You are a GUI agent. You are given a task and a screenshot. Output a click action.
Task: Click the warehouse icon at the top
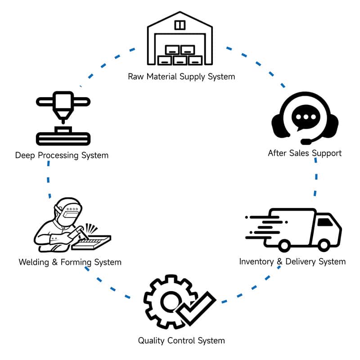[x=180, y=39]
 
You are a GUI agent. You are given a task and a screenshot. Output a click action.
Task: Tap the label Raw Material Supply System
[x=181, y=76]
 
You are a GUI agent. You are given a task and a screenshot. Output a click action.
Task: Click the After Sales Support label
[x=305, y=153]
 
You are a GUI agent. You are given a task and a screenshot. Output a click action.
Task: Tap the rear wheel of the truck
[x=284, y=245]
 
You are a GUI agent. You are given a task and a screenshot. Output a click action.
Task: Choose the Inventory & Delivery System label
[x=292, y=261]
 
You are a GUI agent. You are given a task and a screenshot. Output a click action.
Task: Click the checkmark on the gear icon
[x=197, y=307]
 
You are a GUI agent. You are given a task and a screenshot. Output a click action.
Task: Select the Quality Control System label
[x=181, y=341]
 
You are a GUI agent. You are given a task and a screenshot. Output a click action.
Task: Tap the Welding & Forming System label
[x=70, y=262]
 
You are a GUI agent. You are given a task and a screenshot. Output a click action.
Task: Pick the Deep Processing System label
[x=62, y=156]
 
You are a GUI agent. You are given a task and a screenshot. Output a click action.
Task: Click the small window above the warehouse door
[x=180, y=25]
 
